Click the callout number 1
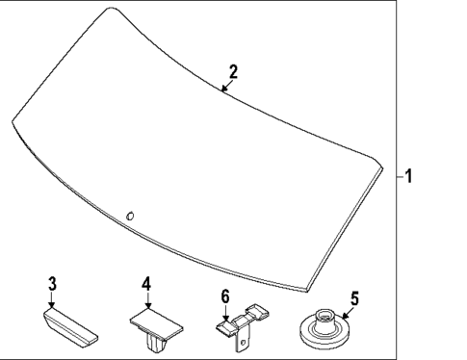[408, 176]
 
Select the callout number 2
[233, 72]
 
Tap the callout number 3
[52, 284]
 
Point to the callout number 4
[146, 284]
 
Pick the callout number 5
[354, 298]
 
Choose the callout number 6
[225, 296]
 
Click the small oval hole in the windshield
[130, 217]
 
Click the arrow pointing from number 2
[226, 86]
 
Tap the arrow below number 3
[52, 299]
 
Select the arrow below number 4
[147, 300]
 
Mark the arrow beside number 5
[348, 313]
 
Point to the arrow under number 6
[225, 313]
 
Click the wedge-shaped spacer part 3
[70, 327]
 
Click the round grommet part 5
[324, 329]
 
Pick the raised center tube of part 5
[324, 321]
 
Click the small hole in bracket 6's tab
[243, 343]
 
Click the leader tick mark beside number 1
[401, 176]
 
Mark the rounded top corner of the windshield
[112, 8]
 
